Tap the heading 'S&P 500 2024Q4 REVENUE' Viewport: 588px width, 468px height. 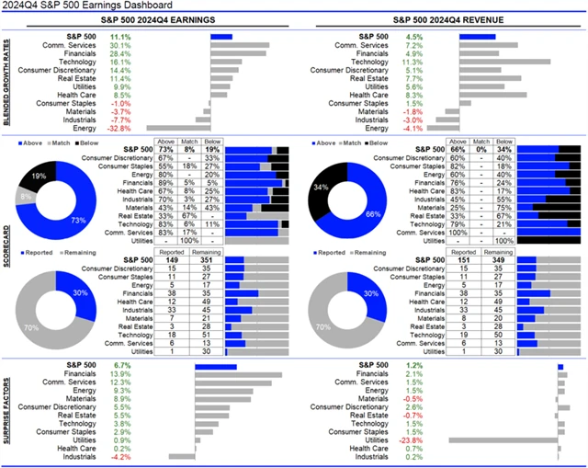(x=438, y=23)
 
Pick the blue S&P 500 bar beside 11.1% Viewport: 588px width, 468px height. (x=220, y=36)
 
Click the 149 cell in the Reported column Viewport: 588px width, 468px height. (x=171, y=259)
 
